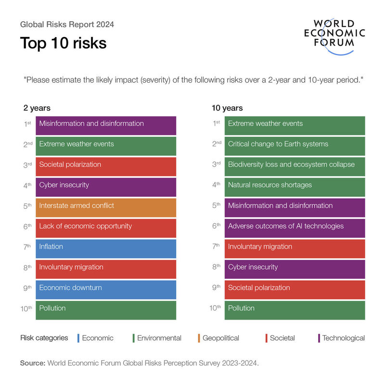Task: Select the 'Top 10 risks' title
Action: [x=63, y=43]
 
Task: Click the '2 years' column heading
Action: [x=37, y=108]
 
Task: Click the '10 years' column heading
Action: [x=227, y=108]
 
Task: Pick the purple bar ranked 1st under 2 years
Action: [x=106, y=125]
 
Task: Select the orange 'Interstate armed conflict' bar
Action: [x=106, y=207]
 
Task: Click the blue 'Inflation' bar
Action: [x=106, y=248]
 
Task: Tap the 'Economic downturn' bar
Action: [x=106, y=289]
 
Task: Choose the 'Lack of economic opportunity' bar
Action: [x=106, y=228]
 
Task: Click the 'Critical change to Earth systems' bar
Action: [x=295, y=146]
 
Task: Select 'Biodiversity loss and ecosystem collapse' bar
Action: [x=295, y=166]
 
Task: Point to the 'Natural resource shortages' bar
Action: [x=295, y=187]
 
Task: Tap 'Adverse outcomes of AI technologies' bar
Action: [x=295, y=228]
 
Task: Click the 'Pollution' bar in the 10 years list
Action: [x=295, y=310]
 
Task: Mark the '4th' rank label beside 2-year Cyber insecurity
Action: [x=27, y=185]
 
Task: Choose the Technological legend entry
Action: [x=343, y=338]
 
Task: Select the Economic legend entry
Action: [x=97, y=338]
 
